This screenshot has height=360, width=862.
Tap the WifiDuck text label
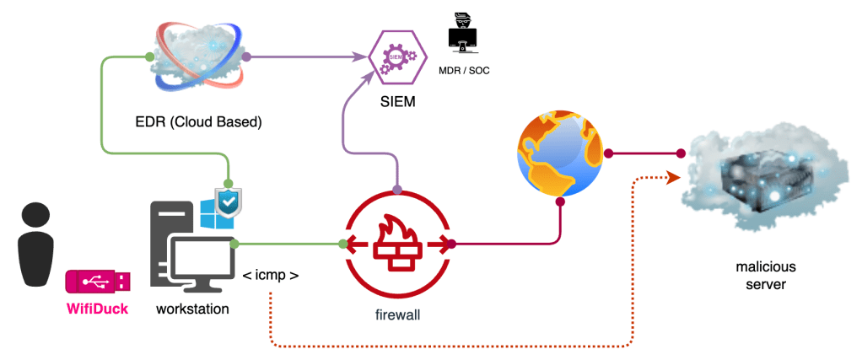point(98,309)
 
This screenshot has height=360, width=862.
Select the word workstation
point(192,309)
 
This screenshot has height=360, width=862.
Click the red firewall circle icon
point(397,244)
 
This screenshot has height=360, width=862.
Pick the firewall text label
point(396,315)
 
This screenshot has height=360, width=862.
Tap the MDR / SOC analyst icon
point(462,34)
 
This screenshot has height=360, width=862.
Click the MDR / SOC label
point(464,70)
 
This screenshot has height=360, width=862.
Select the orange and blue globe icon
point(561,154)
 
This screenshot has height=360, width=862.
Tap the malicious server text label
point(764,276)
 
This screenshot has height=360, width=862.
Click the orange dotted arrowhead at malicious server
point(672,177)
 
